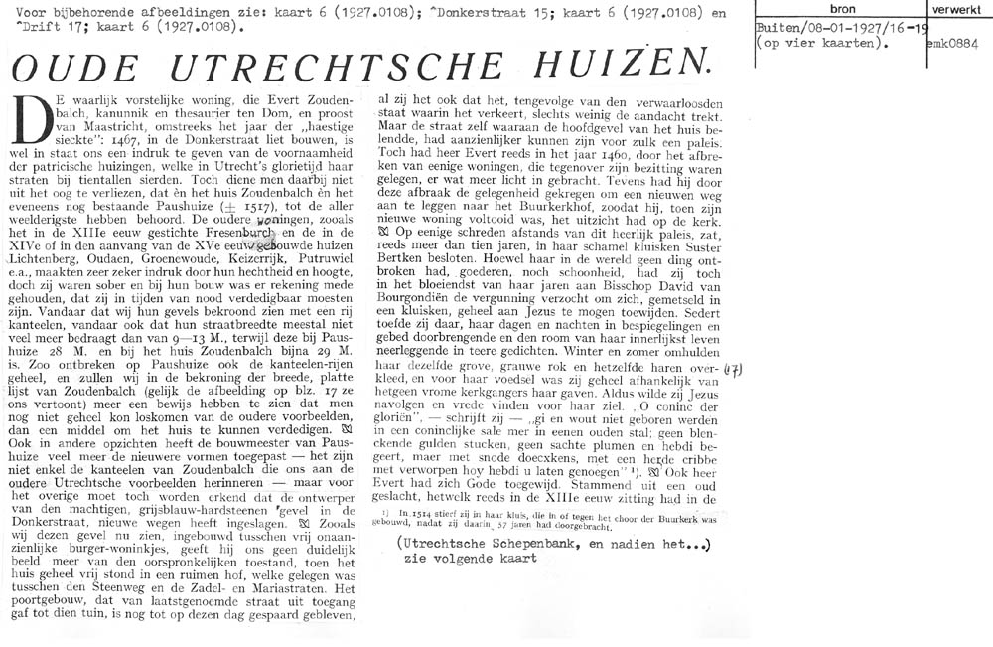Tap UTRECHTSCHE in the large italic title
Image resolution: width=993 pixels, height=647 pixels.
click(356, 69)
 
